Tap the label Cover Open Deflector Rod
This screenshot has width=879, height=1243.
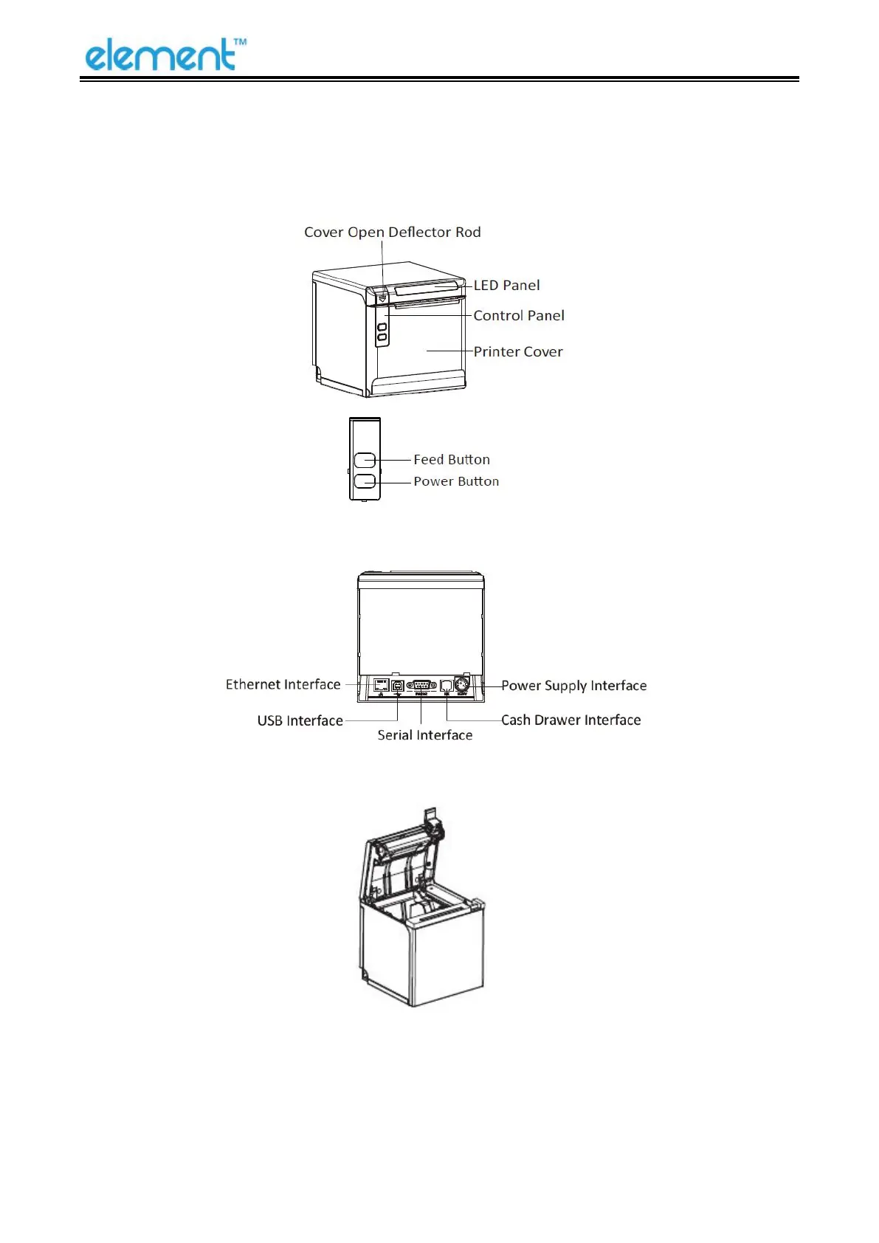(x=392, y=233)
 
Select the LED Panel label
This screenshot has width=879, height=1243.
(x=506, y=286)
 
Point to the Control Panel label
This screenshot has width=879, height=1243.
(x=518, y=316)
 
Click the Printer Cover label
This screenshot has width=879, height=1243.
(x=517, y=352)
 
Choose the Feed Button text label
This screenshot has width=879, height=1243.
(x=451, y=460)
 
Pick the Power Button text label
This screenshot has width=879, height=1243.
(x=455, y=482)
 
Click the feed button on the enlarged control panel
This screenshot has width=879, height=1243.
(x=365, y=461)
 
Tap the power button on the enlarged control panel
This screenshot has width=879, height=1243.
(x=365, y=481)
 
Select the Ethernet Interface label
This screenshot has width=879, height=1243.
(x=283, y=685)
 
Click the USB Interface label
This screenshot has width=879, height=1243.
(x=300, y=721)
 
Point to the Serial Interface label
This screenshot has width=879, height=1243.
(x=424, y=735)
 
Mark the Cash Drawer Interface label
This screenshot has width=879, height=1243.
(x=571, y=720)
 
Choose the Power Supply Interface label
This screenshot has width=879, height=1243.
(x=573, y=686)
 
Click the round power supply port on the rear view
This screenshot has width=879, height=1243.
(x=462, y=684)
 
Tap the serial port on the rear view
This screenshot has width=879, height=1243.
(x=421, y=685)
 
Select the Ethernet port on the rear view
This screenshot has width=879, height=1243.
(x=382, y=685)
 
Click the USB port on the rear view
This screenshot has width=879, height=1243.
(x=398, y=686)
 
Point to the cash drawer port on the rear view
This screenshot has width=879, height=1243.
(x=447, y=686)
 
